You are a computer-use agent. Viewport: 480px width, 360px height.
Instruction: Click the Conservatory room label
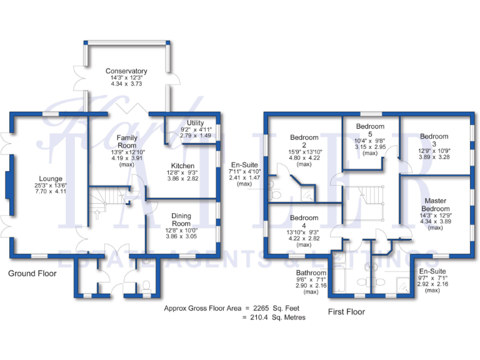click(126, 71)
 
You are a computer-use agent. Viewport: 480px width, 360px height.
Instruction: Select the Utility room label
click(195, 122)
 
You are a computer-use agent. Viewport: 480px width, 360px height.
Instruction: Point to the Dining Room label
click(181, 219)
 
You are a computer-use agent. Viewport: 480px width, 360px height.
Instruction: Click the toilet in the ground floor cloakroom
click(146, 286)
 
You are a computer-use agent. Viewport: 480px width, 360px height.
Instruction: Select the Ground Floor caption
click(32, 274)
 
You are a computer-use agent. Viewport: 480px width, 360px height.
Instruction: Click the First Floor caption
click(346, 311)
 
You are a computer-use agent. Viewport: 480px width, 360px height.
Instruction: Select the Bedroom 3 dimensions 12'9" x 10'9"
click(434, 151)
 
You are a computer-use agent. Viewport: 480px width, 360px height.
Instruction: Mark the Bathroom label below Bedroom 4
click(311, 273)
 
